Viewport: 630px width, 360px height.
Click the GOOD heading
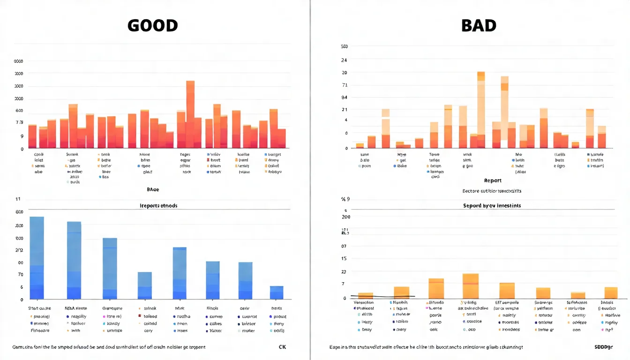[x=152, y=25]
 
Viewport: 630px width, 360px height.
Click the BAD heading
[x=479, y=25]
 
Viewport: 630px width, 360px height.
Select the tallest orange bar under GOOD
[x=190, y=114]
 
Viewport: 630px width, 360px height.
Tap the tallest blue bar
[x=37, y=257]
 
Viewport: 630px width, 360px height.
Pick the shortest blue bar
[x=277, y=292]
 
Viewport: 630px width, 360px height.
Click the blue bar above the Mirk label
[x=180, y=273]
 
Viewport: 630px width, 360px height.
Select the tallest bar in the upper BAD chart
[x=481, y=110]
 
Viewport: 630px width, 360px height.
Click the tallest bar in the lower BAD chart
[x=470, y=286]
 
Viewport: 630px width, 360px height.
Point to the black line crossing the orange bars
[x=382, y=296]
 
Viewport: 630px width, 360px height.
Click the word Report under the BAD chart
[x=493, y=180]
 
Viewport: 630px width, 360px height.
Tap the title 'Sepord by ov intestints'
[x=492, y=206]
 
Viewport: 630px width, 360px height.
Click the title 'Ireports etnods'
[x=159, y=206]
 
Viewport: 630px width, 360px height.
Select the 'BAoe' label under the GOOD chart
[x=153, y=190]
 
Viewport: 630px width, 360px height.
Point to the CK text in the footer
[x=282, y=347]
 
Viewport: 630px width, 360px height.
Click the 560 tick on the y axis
[x=344, y=47]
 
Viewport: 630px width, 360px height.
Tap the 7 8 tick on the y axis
[x=19, y=123]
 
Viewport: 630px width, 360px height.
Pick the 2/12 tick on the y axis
[x=19, y=250]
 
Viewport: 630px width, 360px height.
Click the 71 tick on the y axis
[x=345, y=85]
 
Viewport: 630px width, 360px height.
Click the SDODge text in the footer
[x=604, y=347]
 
